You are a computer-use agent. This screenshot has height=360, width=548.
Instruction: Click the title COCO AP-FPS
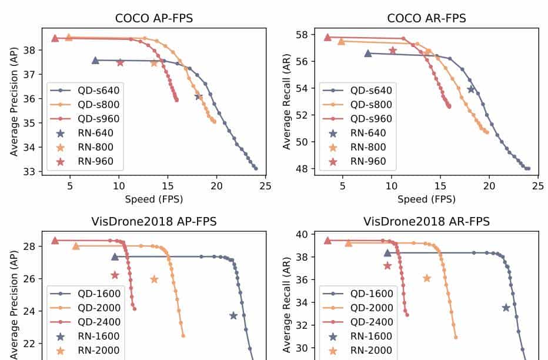point(153,18)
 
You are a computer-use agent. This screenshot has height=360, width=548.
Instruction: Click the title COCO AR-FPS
point(426,18)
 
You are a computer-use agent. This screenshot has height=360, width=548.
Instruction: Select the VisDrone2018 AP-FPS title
point(153,222)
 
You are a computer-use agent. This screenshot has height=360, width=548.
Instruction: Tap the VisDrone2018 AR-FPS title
point(426,222)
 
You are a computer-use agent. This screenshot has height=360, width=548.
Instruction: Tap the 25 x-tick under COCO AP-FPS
point(266,186)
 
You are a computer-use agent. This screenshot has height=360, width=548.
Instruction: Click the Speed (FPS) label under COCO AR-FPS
point(426,199)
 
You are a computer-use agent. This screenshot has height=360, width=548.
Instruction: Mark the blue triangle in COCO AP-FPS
point(95,60)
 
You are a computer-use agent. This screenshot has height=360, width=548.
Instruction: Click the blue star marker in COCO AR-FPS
point(471,89)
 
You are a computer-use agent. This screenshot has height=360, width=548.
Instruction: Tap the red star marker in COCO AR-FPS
point(393,51)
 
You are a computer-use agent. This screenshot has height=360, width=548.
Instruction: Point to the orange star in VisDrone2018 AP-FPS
point(154,279)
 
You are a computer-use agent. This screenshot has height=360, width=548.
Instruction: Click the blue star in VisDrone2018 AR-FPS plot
point(506,308)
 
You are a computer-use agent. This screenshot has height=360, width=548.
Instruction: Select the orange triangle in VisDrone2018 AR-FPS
point(348,243)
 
